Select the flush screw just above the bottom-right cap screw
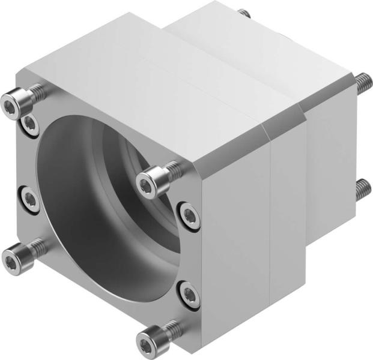(189, 295)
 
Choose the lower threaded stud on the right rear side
(362, 190)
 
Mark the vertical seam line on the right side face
(272, 210)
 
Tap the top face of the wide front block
(150, 90)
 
